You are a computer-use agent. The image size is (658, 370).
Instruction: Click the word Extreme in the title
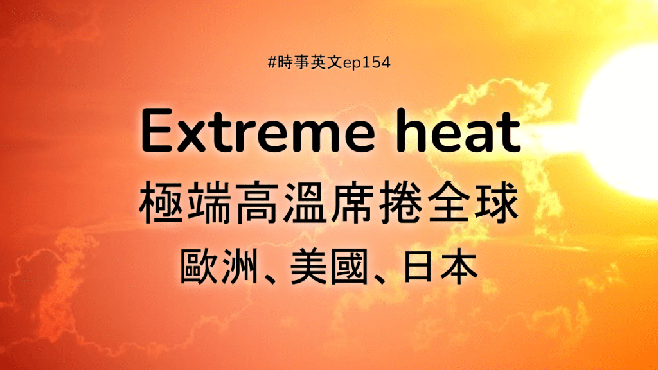tap(257, 131)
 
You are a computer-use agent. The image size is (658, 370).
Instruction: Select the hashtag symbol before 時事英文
tap(272, 62)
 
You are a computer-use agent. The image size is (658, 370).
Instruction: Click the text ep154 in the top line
tap(367, 63)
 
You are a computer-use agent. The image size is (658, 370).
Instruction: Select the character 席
tap(353, 202)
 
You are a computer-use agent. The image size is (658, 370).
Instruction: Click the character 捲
tap(400, 202)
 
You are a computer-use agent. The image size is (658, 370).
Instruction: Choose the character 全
tap(448, 202)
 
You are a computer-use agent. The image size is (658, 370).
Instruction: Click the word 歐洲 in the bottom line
tap(218, 266)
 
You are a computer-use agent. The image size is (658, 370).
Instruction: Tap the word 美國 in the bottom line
tap(328, 266)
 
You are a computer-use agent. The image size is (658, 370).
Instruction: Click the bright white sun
tap(621, 121)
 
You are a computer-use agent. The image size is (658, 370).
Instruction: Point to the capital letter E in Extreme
tap(157, 131)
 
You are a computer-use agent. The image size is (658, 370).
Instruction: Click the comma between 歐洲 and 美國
tap(269, 278)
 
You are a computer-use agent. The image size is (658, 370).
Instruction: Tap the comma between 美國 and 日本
tap(380, 278)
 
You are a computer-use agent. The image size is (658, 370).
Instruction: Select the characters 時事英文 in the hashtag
tap(310, 62)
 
